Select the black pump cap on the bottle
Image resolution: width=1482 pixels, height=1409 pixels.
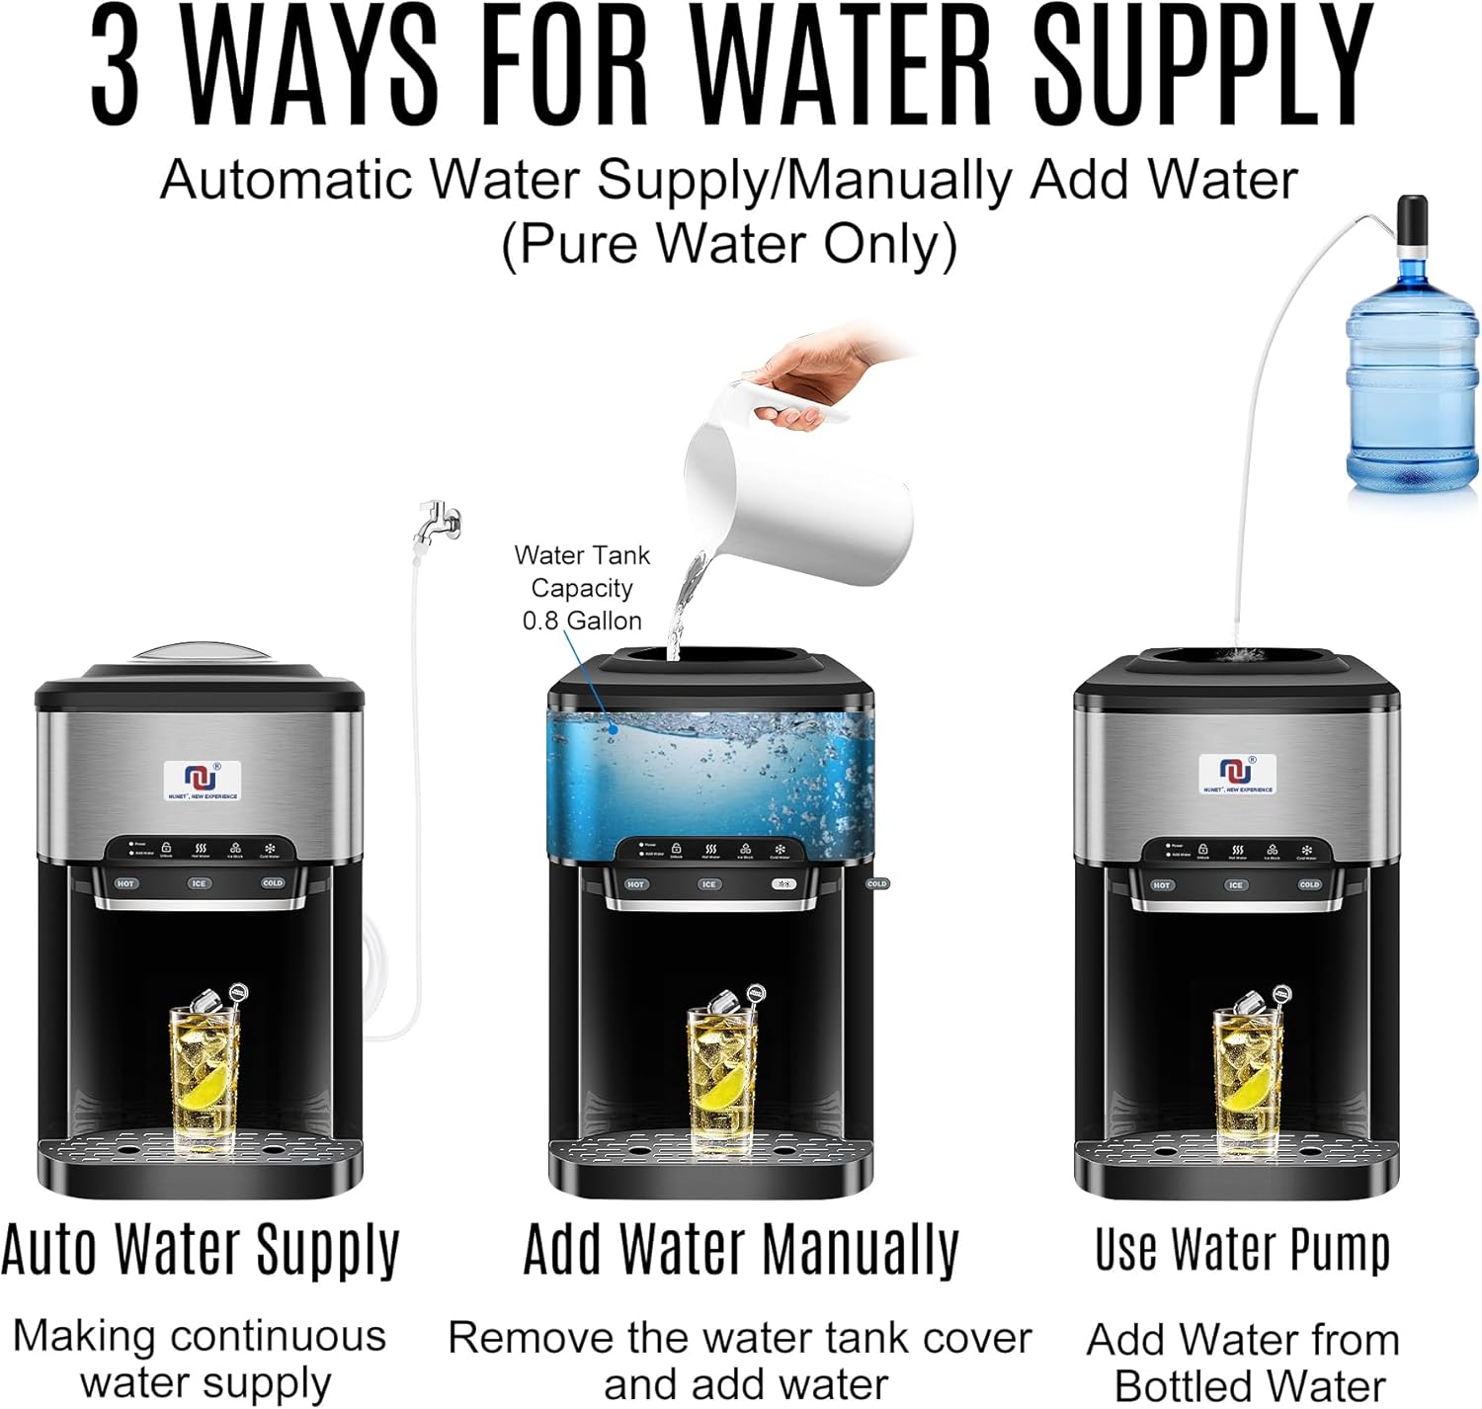coord(1412,223)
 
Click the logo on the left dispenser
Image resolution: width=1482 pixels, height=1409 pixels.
coord(202,780)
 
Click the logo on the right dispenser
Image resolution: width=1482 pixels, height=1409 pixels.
coord(1237,773)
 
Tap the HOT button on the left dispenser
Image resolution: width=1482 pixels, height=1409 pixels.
coord(125,883)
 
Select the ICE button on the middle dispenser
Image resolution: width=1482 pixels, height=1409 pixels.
coord(708,884)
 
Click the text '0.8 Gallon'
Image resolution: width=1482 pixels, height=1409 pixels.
coord(582,621)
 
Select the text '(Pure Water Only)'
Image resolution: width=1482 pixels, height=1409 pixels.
coord(729,244)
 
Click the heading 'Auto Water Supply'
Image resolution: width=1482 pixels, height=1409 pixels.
coord(201,1249)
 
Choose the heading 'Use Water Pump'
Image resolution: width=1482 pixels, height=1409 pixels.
coord(1242,1249)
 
